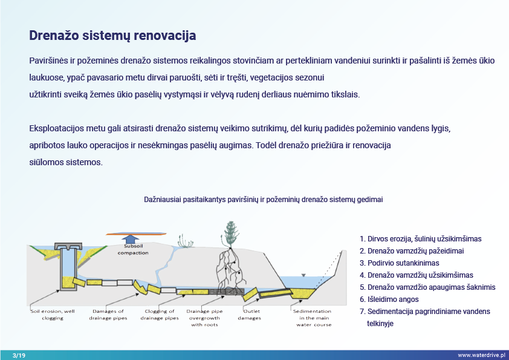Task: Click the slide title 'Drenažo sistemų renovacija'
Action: coord(112,36)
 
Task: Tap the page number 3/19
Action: coord(19,355)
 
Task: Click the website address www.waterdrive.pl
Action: coord(481,355)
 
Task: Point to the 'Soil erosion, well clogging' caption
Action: coord(53,314)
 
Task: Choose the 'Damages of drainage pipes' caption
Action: coord(108,314)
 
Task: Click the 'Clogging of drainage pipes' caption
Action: coord(160,314)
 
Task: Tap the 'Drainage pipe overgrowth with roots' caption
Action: coord(205,318)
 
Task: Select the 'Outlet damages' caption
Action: coord(249,314)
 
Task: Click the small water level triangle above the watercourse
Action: coord(303,275)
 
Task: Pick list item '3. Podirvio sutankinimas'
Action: coord(399,263)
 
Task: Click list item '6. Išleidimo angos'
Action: coord(389,299)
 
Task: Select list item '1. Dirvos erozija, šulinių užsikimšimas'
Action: coord(420,239)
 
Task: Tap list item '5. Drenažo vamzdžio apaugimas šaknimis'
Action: coord(427,287)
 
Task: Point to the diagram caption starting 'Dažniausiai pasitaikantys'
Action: coord(263,199)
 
